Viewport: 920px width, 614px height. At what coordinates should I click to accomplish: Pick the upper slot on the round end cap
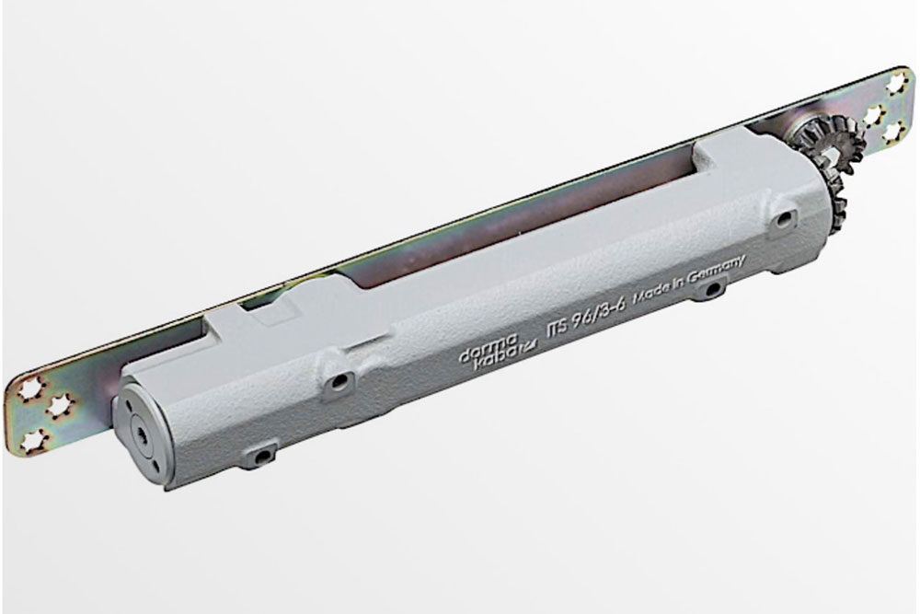pos(128,404)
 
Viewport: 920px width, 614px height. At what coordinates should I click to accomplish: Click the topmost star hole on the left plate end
pos(28,388)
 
